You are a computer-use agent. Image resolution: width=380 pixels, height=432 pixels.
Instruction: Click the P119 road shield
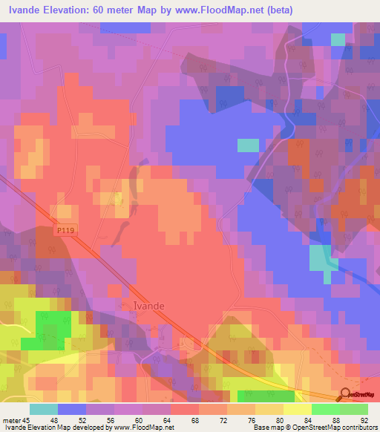tap(66, 231)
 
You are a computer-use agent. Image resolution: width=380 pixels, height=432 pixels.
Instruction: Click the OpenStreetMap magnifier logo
tap(346, 395)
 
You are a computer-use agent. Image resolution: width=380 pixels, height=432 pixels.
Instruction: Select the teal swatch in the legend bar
tap(44, 409)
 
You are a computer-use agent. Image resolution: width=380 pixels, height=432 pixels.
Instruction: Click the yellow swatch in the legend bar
tap(298, 409)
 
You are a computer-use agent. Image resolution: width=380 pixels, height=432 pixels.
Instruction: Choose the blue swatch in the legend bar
tap(72, 409)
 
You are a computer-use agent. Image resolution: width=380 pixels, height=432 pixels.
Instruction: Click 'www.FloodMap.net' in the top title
tap(223, 10)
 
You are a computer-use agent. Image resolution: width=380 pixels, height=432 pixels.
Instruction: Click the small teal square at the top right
tap(338, 39)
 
